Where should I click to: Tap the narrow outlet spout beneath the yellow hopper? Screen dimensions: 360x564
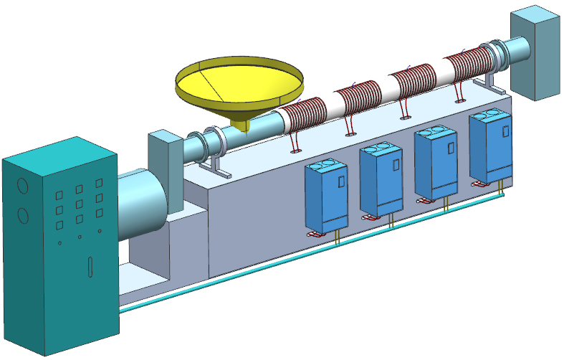click(x=243, y=125)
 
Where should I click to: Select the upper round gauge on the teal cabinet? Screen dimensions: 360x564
click(x=21, y=186)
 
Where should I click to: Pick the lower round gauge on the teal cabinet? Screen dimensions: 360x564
click(x=22, y=214)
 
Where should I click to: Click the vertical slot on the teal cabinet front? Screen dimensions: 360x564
click(x=90, y=267)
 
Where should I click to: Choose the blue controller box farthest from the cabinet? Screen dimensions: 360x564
click(x=492, y=146)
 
